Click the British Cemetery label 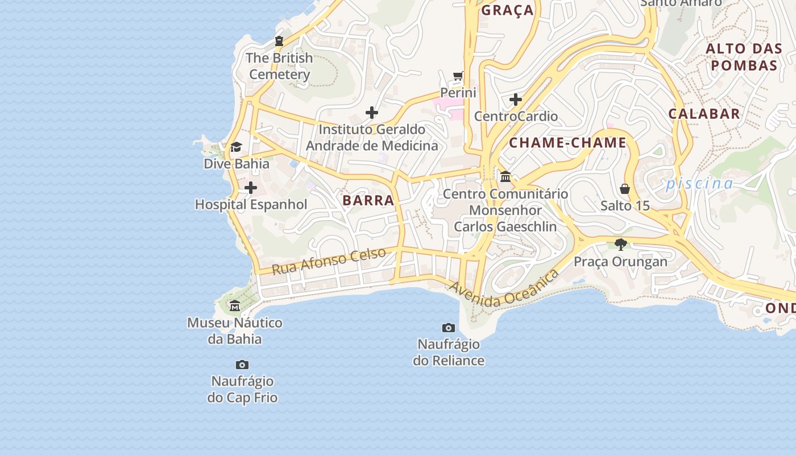point(280,66)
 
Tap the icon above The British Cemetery point(279,41)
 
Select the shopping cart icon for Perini point(458,76)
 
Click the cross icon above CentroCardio point(516,100)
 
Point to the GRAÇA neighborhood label point(508,10)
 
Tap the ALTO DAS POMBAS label point(744,57)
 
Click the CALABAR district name point(704,113)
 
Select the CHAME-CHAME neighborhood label point(567,143)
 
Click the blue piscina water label point(699,183)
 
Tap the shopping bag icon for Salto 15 point(625,189)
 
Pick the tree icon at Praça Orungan point(620,245)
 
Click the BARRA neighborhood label point(368,200)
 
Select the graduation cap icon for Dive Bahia point(236,147)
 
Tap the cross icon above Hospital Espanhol point(251,188)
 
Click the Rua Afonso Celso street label point(329,260)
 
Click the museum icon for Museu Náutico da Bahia point(235,307)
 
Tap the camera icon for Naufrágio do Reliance point(449,328)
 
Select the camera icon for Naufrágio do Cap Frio point(242,365)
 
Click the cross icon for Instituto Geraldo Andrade point(372,113)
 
